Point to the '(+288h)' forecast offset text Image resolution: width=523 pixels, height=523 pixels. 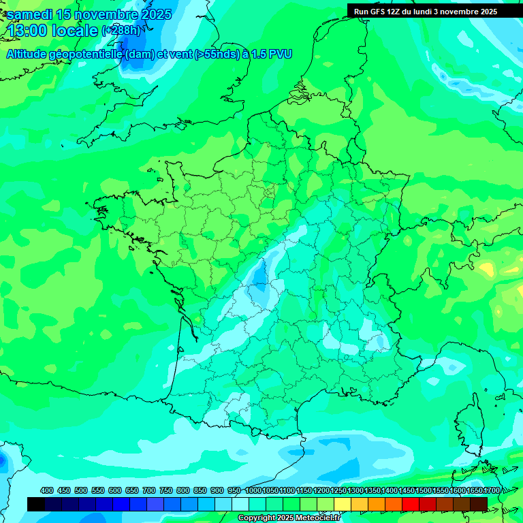(x=121, y=31)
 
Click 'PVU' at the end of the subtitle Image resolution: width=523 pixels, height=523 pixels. (x=280, y=54)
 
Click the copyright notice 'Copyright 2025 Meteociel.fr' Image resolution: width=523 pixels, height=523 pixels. (x=289, y=518)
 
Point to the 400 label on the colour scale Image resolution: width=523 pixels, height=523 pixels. (x=47, y=490)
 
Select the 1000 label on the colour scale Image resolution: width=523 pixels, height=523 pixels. (x=253, y=490)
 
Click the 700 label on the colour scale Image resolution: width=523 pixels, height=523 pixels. (x=149, y=490)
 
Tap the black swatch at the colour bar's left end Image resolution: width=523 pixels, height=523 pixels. (x=36, y=504)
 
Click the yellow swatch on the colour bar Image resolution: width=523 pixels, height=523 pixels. (x=343, y=504)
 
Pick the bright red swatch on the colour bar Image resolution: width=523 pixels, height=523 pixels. (x=411, y=504)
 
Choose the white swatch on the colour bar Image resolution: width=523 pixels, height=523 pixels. (x=240, y=504)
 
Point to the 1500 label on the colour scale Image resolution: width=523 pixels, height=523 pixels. (x=424, y=490)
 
